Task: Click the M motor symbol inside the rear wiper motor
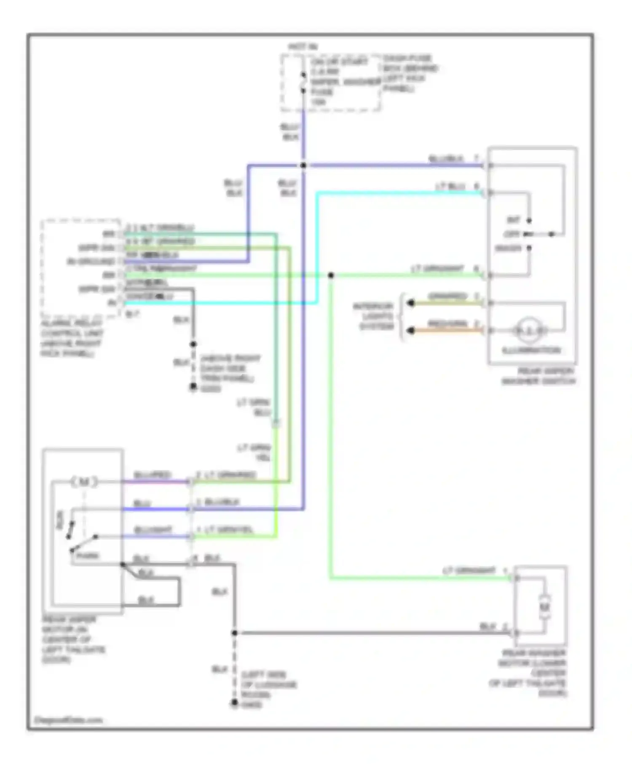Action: [x=84, y=481]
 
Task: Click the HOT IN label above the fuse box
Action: [x=303, y=47]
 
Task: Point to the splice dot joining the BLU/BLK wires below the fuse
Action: [x=303, y=166]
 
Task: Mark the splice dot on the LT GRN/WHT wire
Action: [x=331, y=275]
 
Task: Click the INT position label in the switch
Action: [x=513, y=220]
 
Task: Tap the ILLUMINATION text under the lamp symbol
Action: [x=531, y=350]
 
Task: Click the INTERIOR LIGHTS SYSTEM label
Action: [x=374, y=316]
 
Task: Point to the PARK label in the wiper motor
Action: [x=87, y=556]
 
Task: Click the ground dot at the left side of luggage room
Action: [x=235, y=703]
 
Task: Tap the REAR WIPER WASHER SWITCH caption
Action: [x=539, y=376]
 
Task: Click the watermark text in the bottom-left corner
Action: [x=68, y=720]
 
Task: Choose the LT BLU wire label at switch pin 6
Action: [x=450, y=186]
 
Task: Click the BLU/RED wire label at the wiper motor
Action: [x=152, y=475]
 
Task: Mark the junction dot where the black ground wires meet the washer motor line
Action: [x=235, y=633]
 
